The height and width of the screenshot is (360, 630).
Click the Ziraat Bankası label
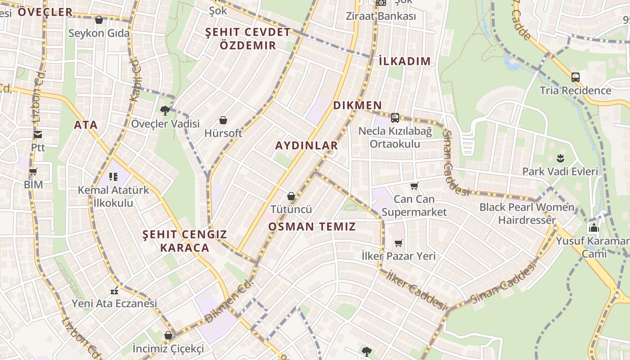381,16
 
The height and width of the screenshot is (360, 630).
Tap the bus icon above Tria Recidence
575,77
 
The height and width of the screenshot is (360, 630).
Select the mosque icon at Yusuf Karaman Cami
594,228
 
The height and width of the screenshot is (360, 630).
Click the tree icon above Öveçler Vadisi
165,110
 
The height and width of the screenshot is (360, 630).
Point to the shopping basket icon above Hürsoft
223,120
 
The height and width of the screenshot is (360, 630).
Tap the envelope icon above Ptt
38,135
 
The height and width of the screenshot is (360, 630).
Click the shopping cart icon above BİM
33,171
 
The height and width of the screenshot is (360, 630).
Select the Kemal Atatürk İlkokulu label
113,196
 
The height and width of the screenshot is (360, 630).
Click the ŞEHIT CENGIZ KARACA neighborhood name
185,241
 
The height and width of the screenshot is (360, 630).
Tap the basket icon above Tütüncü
291,196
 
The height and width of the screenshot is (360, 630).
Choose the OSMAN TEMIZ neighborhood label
312,226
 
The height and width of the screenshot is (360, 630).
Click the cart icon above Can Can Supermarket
414,186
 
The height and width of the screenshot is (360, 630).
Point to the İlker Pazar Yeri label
399,256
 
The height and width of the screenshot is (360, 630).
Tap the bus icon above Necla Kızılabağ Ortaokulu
395,118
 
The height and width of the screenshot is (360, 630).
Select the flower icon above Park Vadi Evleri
560,158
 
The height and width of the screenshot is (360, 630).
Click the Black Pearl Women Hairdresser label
527,214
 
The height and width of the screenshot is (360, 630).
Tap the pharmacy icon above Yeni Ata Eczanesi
114,291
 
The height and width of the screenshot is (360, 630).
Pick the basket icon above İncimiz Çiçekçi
168,335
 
